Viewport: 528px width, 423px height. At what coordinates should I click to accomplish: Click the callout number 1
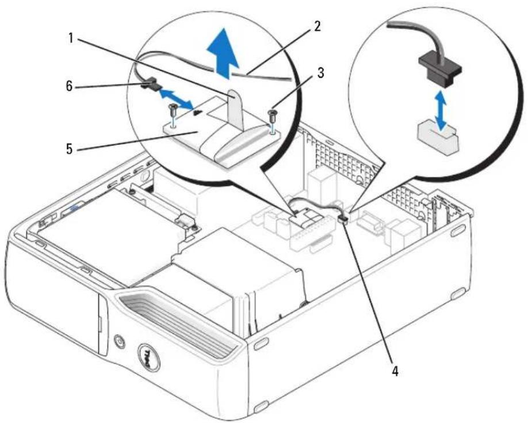click(x=71, y=39)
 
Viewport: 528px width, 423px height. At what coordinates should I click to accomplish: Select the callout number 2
click(x=316, y=26)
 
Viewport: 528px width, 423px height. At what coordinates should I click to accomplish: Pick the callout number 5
click(x=69, y=148)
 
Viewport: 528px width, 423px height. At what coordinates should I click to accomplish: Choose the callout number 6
click(x=68, y=86)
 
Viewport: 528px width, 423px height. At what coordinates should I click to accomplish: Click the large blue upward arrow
click(x=223, y=53)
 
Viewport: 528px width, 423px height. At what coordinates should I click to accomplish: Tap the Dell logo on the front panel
click(x=148, y=358)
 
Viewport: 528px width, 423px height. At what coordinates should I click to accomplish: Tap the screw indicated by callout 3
click(x=272, y=116)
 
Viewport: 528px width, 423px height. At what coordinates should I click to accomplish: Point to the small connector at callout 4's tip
click(x=343, y=219)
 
